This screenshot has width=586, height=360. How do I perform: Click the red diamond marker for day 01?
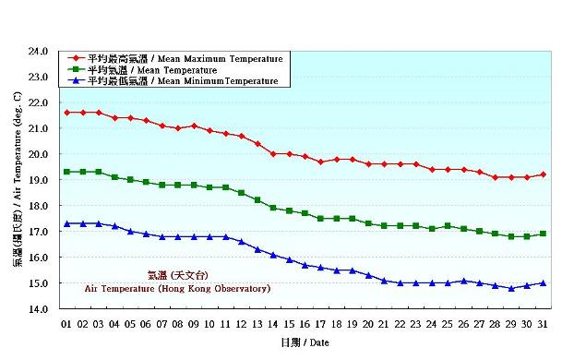coord(67,113)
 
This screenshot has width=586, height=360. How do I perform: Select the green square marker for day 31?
coord(543,234)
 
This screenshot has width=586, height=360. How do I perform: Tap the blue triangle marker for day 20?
coord(368,275)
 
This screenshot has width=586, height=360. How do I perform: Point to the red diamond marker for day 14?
coord(273,153)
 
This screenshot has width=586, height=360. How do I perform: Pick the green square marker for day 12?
coord(242,192)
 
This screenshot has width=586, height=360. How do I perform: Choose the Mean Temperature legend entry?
coord(151,70)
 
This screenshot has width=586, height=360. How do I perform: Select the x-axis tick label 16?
coord(305,324)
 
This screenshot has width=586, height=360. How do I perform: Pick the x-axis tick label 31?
coord(543,324)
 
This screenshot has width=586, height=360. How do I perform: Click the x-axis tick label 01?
coord(66,324)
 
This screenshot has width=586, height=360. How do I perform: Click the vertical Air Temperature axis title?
coord(18,180)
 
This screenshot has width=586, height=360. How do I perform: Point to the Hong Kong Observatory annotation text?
coord(177,288)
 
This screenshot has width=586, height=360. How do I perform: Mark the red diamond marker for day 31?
coord(543,174)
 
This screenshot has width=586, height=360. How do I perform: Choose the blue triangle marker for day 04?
coord(114,226)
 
